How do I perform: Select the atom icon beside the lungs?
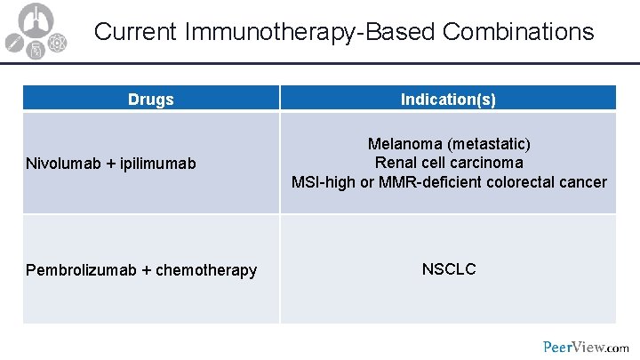point(57,41)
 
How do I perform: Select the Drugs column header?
point(150,100)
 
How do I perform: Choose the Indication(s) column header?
point(448,100)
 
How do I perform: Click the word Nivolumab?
point(64,164)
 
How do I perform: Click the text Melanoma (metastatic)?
point(449,143)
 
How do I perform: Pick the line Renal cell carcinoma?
point(449,163)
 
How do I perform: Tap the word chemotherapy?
point(205,269)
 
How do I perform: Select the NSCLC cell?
point(449,268)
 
